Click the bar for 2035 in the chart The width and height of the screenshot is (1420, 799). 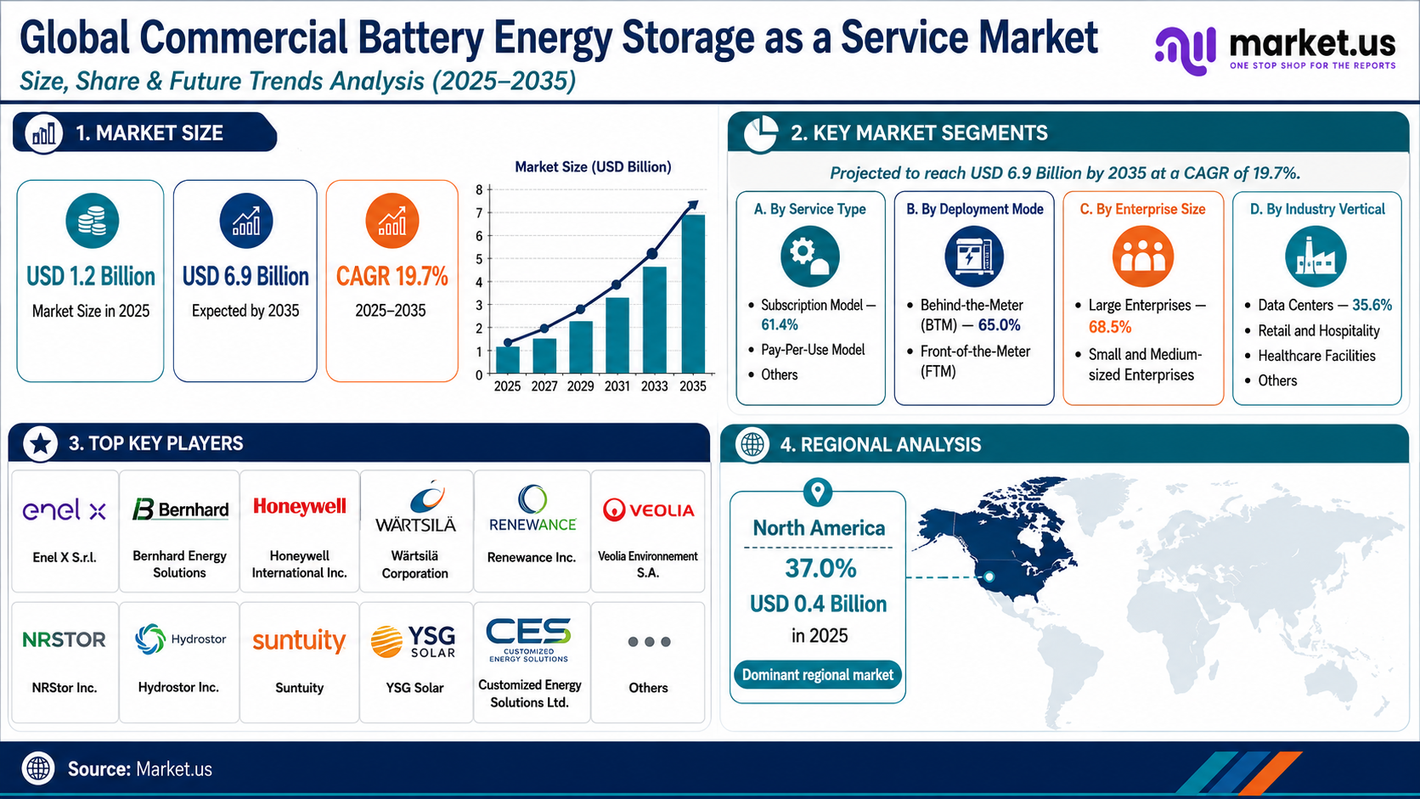[x=692, y=294]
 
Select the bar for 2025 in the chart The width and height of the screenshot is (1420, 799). [x=507, y=359]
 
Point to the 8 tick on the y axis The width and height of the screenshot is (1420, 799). [x=479, y=189]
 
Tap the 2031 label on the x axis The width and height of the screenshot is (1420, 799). [x=617, y=385]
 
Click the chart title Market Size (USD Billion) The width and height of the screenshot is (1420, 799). [x=593, y=166]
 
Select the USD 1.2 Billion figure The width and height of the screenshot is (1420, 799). [x=91, y=276]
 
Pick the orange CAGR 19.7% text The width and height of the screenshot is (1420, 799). [x=392, y=276]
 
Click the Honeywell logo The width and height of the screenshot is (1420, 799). [x=299, y=506]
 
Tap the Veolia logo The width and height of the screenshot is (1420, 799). [x=648, y=509]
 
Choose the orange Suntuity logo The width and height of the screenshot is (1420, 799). [x=299, y=640]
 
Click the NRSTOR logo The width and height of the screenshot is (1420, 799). [x=64, y=639]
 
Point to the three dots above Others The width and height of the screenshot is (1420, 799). [x=649, y=642]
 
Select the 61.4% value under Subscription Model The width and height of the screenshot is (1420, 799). [x=779, y=325]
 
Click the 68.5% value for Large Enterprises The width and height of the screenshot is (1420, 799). [x=1109, y=327]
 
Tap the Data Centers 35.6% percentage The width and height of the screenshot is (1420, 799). [x=1372, y=306]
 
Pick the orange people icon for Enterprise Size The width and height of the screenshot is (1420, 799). [x=1142, y=256]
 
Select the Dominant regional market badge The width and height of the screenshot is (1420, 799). [x=818, y=675]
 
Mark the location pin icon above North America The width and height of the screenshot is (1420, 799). [x=818, y=492]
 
